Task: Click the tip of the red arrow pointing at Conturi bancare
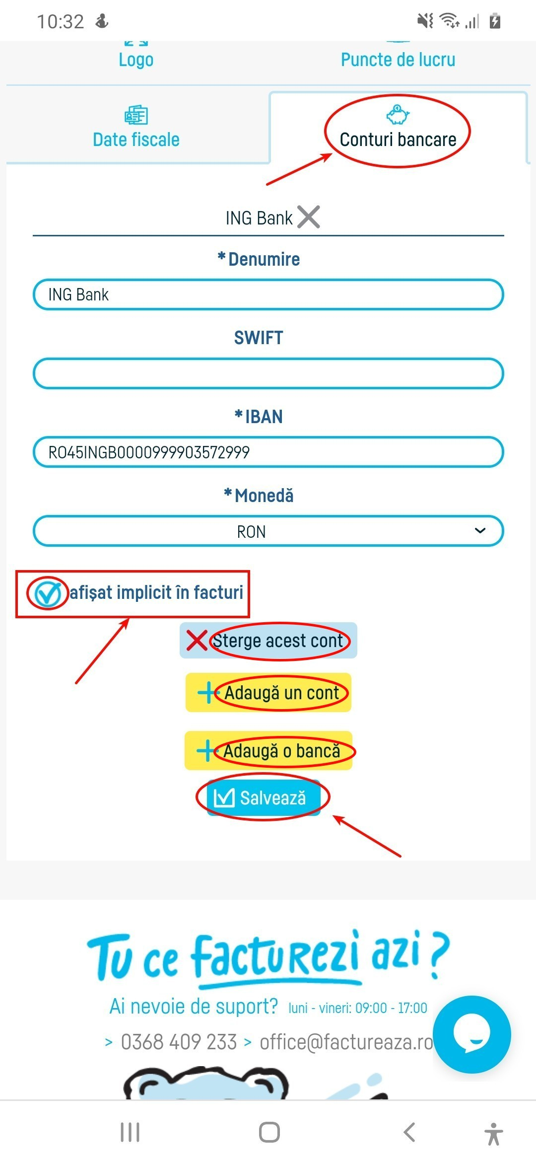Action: point(332,154)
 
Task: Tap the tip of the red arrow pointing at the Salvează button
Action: point(333,816)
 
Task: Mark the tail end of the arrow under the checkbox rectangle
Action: point(75,683)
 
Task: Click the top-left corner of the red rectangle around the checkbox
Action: point(16,571)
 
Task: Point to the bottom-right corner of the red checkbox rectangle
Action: point(250,618)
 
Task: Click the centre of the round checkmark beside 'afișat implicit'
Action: point(47,593)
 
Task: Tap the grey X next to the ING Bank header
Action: point(309,217)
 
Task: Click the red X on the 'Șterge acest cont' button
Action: point(197,640)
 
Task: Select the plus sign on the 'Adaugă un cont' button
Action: point(207,693)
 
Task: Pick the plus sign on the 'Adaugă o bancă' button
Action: point(206,751)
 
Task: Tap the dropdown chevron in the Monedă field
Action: point(480,531)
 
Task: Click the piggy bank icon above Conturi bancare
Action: point(398,115)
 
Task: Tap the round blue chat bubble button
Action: point(471,1034)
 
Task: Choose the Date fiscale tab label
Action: point(136,140)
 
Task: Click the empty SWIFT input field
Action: point(268,373)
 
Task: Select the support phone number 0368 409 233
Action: point(179,1042)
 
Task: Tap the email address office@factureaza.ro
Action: point(347,1042)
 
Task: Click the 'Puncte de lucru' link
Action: point(398,60)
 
